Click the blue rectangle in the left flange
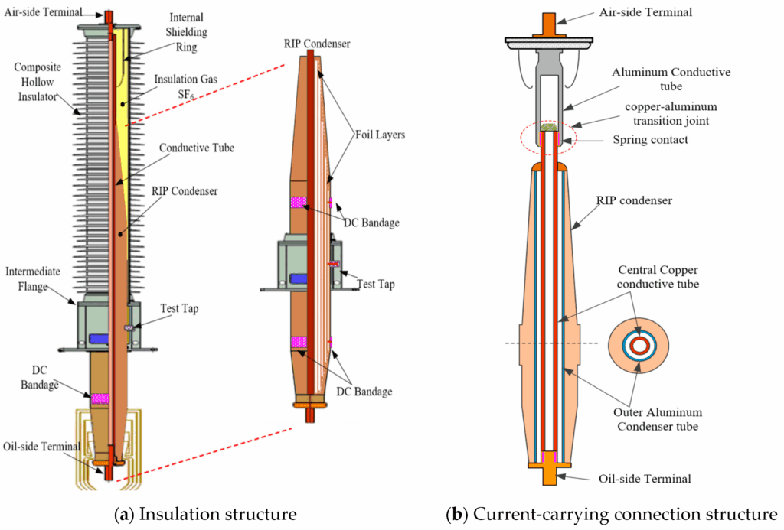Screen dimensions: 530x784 pos(100,338)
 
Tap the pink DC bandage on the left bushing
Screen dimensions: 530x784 pos(100,398)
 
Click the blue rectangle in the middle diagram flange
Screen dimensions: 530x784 pos(298,278)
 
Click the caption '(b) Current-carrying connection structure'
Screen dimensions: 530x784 pos(612,514)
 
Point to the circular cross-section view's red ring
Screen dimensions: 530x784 pos(637,346)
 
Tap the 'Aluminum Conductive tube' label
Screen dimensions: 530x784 pos(671,79)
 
